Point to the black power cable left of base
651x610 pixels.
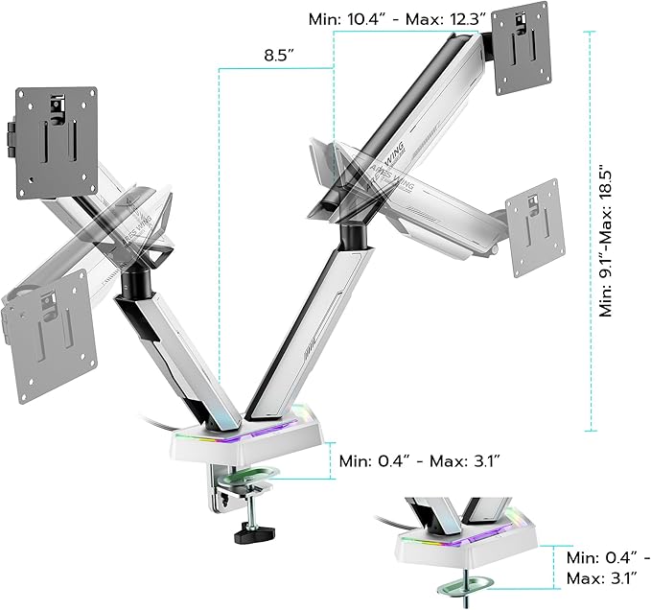pyautogui.click(x=163, y=423)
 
